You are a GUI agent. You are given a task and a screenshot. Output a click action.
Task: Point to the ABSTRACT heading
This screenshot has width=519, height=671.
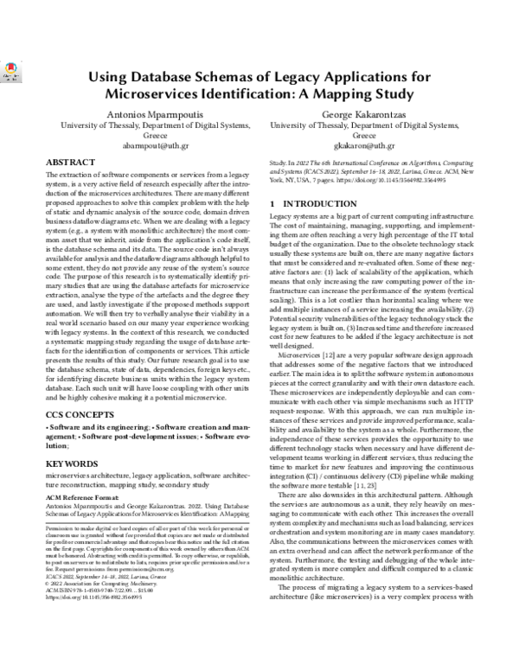pyautogui.click(x=71, y=163)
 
